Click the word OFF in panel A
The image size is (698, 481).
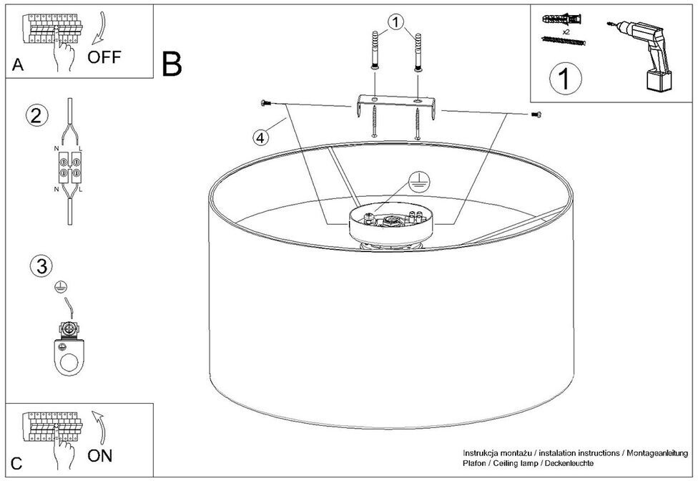pyautogui.click(x=104, y=57)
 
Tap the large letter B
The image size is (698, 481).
pyautogui.click(x=172, y=64)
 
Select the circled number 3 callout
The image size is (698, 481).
pyautogui.click(x=41, y=266)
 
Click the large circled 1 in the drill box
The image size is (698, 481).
pyautogui.click(x=565, y=78)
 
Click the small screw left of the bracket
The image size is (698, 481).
pyautogui.click(x=266, y=104)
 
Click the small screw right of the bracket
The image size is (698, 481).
pyautogui.click(x=536, y=115)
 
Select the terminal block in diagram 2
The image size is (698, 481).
pyautogui.click(x=69, y=167)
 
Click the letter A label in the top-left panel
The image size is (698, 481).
pyautogui.click(x=18, y=66)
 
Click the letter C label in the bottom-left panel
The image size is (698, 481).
pyautogui.click(x=17, y=464)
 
